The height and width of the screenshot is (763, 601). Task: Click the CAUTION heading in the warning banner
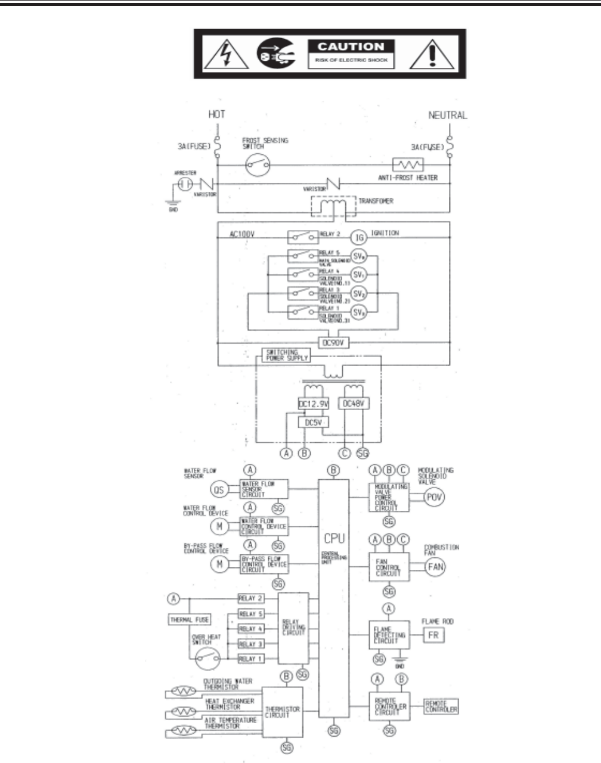351,46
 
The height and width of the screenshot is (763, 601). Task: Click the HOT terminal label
216,114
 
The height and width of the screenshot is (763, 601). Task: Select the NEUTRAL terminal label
448,116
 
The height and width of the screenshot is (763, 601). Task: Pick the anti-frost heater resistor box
408,165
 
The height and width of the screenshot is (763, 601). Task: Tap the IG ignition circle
359,238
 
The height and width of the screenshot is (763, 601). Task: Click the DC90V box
333,343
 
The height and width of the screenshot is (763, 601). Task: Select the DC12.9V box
313,404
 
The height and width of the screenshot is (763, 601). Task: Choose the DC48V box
354,404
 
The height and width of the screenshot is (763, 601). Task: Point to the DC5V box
313,422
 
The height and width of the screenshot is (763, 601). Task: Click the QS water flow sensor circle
219,490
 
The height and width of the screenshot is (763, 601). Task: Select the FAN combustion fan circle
436,566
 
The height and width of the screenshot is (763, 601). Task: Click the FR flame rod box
433,635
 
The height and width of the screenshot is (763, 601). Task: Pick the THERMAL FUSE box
189,620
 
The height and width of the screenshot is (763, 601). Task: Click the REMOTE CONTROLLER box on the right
441,706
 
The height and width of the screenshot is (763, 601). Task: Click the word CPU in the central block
334,538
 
